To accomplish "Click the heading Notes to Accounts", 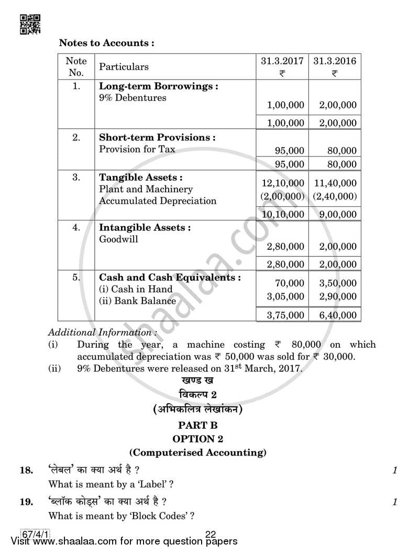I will click(x=106, y=43).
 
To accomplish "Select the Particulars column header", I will click(x=124, y=66).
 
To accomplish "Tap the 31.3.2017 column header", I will click(x=282, y=61).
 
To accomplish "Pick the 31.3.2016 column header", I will click(x=335, y=61).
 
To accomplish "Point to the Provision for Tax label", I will click(x=137, y=149).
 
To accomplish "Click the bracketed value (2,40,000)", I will click(x=335, y=196).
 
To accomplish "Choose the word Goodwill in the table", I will click(x=119, y=239).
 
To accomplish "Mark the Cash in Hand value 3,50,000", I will click(x=338, y=283).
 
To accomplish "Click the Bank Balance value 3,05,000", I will click(x=285, y=296).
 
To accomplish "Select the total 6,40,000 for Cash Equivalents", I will click(x=338, y=315).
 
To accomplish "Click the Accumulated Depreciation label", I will click(x=158, y=201).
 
